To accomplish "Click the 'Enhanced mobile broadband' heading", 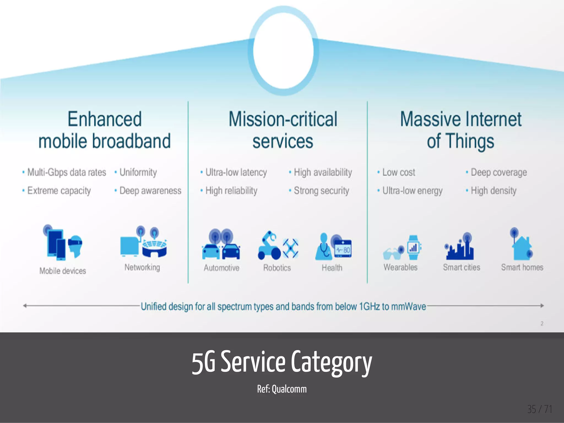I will click(x=105, y=130).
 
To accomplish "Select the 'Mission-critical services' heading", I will click(x=283, y=130).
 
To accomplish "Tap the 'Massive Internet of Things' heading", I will click(x=461, y=130).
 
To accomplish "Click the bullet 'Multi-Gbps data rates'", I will click(x=66, y=172).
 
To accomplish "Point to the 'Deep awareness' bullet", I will click(x=150, y=191).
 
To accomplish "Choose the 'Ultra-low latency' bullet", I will click(x=236, y=172).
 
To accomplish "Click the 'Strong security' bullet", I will click(x=321, y=191).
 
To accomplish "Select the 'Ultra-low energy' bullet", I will click(x=412, y=191).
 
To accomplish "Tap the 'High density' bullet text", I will click(x=493, y=191).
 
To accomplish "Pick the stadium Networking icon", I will click(x=154, y=246).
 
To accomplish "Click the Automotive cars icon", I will click(x=221, y=245).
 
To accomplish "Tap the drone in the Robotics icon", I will click(x=291, y=248).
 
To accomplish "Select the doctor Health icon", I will click(x=324, y=247).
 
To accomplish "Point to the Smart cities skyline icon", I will click(x=460, y=248).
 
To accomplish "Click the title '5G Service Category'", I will click(x=282, y=362).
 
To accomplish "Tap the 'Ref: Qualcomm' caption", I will click(x=282, y=389).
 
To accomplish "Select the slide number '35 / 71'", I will click(x=539, y=409).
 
